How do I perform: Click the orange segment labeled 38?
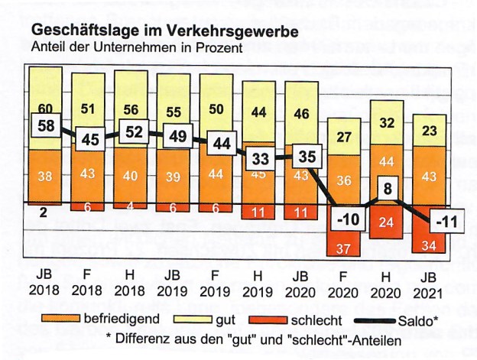tap(46, 175)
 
